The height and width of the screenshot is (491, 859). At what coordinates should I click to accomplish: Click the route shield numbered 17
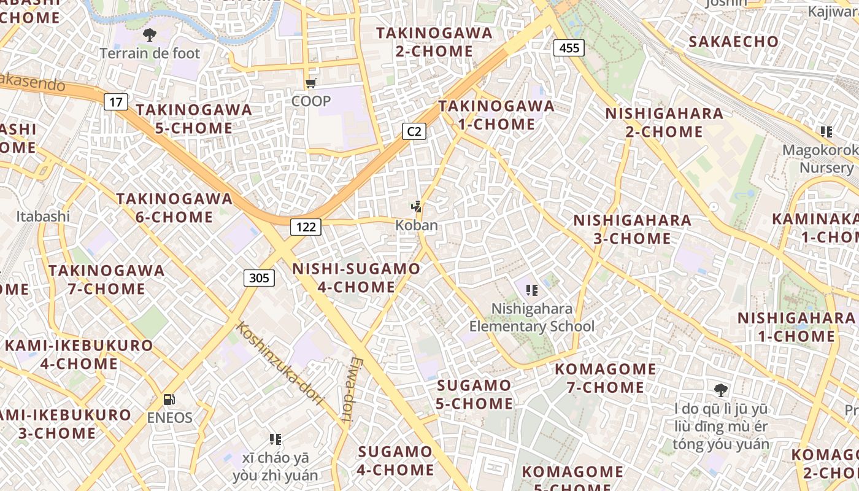point(115,101)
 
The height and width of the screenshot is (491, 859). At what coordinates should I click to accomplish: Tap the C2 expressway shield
point(414,131)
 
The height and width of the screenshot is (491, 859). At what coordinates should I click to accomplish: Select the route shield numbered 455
point(569,47)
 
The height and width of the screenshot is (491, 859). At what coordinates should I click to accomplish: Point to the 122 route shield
point(306,227)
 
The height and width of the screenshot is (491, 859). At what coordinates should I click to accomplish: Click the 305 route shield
point(259,278)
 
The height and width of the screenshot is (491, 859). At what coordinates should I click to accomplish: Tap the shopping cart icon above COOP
point(310,83)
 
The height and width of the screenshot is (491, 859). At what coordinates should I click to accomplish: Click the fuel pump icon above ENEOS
point(169,400)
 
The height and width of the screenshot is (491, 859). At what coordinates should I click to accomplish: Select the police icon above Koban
point(417,207)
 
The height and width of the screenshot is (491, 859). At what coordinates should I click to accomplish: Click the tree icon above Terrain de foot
point(149,34)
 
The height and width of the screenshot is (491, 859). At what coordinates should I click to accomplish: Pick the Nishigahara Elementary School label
point(532,317)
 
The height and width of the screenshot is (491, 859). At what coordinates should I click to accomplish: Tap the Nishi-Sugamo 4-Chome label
point(356,278)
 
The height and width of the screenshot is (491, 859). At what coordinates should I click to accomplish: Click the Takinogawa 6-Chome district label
point(174,208)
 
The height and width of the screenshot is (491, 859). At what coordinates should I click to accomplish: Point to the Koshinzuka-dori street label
point(280,363)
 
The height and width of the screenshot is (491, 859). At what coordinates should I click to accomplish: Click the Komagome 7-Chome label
point(606,378)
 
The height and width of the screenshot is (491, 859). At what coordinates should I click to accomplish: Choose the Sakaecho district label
point(733,42)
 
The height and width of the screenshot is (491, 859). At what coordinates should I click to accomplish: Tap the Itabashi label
point(43,216)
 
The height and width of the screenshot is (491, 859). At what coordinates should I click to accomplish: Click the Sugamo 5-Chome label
point(474,395)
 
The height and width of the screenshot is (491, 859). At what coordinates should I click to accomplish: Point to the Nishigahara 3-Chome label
point(632,229)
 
